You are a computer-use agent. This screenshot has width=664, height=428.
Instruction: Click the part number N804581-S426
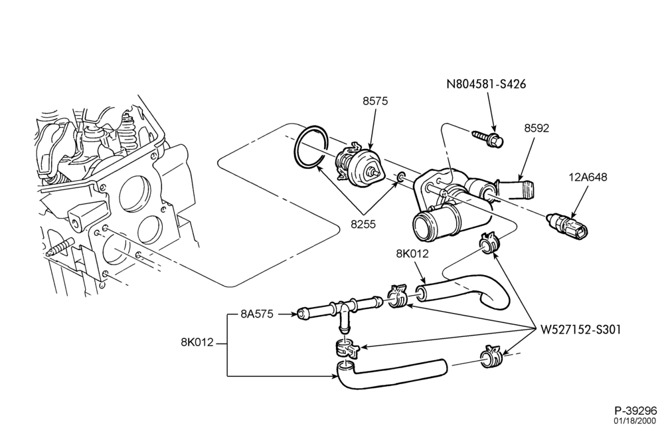point(486,84)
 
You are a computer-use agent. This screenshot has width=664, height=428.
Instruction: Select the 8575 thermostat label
point(374,101)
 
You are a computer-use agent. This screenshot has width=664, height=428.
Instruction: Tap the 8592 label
point(537,128)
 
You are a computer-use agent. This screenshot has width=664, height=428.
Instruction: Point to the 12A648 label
point(588,177)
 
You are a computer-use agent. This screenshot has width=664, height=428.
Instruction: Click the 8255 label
point(363,224)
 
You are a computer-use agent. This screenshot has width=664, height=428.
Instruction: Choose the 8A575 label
point(257,314)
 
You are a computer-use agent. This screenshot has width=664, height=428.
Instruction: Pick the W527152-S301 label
point(580,330)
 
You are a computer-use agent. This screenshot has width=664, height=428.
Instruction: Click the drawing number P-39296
point(635,410)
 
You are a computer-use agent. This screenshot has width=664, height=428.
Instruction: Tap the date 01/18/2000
point(636,421)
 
